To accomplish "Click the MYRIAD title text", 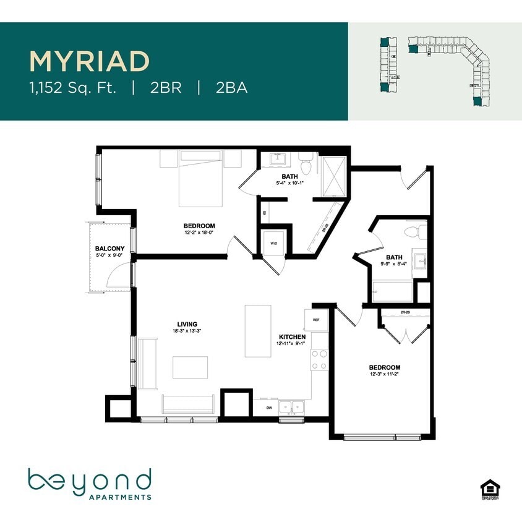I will pos(90,61).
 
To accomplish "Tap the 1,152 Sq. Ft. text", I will pos(73,88).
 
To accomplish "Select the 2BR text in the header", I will pos(165,88).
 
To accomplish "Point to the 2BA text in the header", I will pos(232,88).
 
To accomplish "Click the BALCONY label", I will pos(110,248).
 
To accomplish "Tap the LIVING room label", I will pos(187,324).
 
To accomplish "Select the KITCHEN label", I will pos(291,336).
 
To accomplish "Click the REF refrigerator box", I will pos(315,320).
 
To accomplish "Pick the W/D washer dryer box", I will pos(273,242).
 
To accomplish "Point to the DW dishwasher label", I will pos(269,408).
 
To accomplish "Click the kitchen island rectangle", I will pos(258,330).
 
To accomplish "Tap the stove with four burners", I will pos(319,360).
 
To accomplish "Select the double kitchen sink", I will pos(291,408).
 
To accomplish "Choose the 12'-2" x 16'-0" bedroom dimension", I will pos(199,233).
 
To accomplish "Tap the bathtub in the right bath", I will pos(392,291).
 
